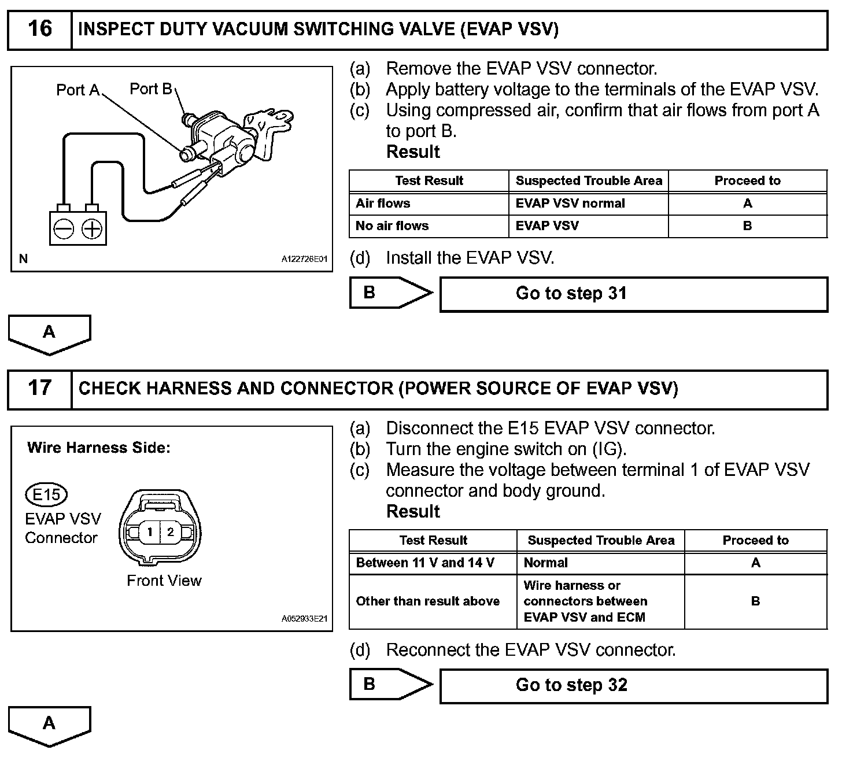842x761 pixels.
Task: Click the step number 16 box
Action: (x=39, y=29)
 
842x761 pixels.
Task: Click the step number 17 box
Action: (x=39, y=389)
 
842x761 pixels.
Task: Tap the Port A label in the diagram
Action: (x=77, y=90)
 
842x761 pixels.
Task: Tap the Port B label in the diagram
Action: (x=151, y=88)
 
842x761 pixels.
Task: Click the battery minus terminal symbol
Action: (x=64, y=230)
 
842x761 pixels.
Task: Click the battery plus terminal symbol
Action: (x=92, y=230)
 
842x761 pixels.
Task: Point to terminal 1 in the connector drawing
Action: (x=150, y=531)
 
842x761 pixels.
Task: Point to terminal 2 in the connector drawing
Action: (x=170, y=531)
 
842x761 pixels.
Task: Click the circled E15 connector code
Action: (x=46, y=494)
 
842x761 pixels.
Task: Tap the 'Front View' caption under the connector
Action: (x=164, y=581)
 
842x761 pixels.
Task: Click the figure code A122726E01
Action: (x=304, y=259)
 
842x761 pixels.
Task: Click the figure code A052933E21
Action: (x=304, y=619)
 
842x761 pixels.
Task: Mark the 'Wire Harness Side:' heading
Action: (x=99, y=448)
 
